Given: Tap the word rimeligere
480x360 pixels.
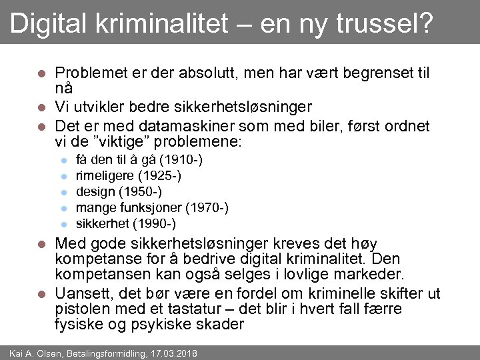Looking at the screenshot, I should (x=105, y=175).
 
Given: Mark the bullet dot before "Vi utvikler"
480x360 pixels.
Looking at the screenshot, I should (x=41, y=107).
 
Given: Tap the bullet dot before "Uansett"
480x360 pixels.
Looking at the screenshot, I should (x=41, y=293).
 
